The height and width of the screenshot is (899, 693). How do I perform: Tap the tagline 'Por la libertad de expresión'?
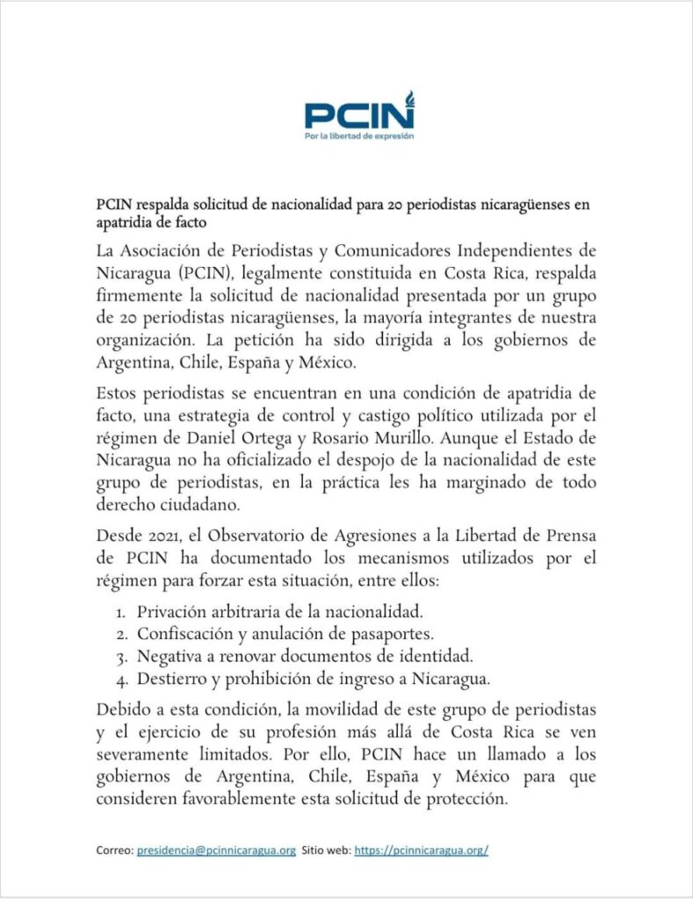point(359,136)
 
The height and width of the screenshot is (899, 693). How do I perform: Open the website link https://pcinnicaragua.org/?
point(422,851)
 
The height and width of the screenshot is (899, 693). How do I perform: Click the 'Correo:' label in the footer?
point(114,851)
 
